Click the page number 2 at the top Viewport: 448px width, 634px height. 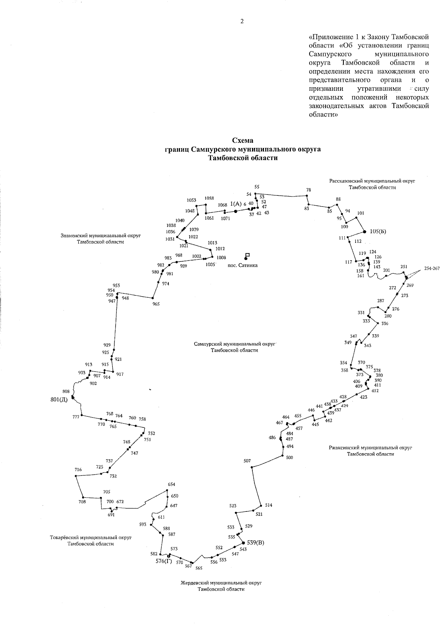coord(242,21)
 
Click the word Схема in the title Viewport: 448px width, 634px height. coord(243,140)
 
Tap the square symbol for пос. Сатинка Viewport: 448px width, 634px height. coord(247,255)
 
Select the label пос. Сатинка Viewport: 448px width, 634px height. coord(243,265)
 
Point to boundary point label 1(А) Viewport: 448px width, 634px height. coord(236,204)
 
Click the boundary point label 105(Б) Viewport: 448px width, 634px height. coord(378,232)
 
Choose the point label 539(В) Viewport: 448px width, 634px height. coord(255,542)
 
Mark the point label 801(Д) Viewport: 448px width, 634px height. coord(59,399)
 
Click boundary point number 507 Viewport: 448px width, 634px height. coord(247,461)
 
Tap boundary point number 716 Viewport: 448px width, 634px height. coord(78,470)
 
